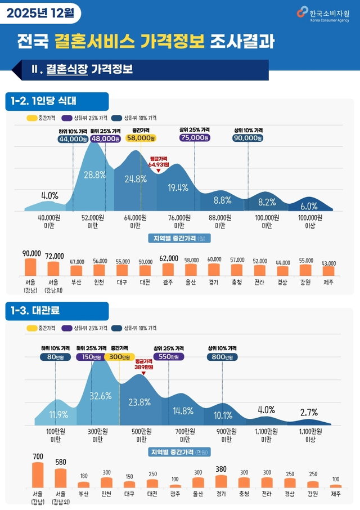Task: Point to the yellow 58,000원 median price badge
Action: click(141, 138)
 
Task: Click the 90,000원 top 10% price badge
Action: click(247, 138)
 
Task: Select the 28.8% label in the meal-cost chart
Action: click(94, 175)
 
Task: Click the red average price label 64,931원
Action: click(159, 162)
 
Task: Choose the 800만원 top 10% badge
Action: click(222, 356)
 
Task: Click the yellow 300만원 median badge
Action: click(119, 356)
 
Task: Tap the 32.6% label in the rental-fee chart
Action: click(101, 396)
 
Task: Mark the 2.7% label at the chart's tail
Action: click(309, 412)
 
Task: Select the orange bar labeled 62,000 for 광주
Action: click(168, 269)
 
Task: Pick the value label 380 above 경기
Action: click(221, 469)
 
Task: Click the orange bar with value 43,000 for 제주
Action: click(328, 271)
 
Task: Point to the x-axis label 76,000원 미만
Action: click(179, 221)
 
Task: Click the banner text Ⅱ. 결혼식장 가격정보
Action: click(82, 70)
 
